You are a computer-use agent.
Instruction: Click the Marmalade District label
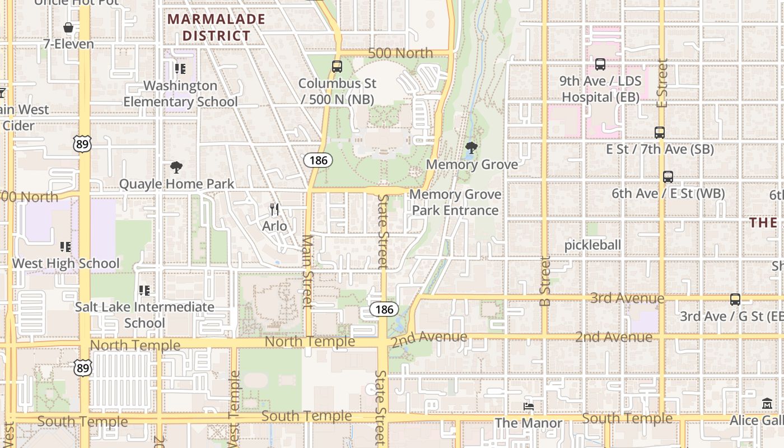[216, 27]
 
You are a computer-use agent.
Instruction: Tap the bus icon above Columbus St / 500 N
[337, 66]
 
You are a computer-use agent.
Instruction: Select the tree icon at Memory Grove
[472, 148]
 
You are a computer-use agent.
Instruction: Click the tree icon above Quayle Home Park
[176, 167]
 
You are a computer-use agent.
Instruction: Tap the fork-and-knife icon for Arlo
[274, 209]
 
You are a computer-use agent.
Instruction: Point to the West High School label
[66, 263]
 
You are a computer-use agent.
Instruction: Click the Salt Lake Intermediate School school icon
[144, 290]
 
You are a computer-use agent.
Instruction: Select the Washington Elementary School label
[180, 94]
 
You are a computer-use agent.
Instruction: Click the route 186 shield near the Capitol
[319, 160]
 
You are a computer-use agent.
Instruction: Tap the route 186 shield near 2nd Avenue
[384, 309]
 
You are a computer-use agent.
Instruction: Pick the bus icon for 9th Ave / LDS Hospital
[600, 64]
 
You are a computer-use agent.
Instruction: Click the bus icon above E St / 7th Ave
[660, 133]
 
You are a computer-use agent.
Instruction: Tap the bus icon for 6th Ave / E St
[668, 177]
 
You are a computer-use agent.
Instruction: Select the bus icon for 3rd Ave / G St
[735, 300]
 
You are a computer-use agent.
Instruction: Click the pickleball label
[592, 245]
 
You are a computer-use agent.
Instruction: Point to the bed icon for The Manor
[529, 406]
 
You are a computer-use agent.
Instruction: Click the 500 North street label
[401, 53]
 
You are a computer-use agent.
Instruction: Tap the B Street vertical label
[545, 281]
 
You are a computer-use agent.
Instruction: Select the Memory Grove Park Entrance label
[455, 202]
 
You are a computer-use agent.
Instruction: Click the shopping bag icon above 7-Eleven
[68, 27]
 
